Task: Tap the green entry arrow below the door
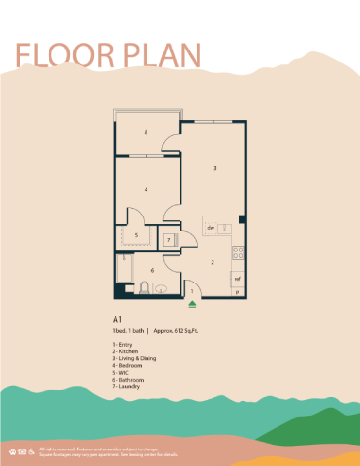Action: pos(193,303)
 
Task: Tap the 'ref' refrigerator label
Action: pos(237,278)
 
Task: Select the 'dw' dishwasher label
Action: pos(210,228)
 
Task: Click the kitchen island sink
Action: pos(224,228)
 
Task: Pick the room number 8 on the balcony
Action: pos(146,132)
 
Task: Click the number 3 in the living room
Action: pos(215,167)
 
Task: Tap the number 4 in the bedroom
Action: pos(146,188)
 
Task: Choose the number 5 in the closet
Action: pos(136,234)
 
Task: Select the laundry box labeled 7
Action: pos(169,239)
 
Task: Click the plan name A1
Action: pos(117,318)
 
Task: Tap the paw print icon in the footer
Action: pos(13,451)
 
